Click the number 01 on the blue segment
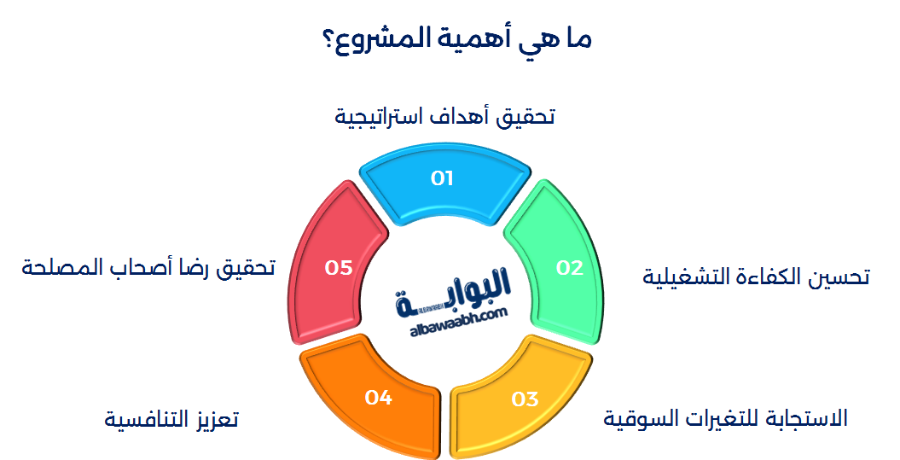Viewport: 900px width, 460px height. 442,178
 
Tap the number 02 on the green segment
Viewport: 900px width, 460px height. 569,268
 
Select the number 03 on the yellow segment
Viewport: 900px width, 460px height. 525,399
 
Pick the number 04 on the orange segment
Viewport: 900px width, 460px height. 378,397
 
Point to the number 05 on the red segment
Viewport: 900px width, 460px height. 339,268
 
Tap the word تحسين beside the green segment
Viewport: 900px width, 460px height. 840,277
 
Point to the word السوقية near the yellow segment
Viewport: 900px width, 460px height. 642,418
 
